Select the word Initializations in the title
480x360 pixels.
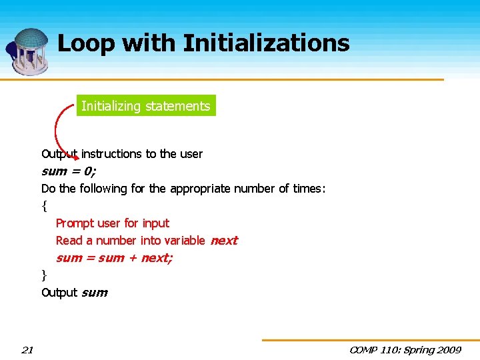[266, 43]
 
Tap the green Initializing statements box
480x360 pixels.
[146, 106]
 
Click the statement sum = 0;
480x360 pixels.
[68, 171]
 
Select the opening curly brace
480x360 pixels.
[44, 206]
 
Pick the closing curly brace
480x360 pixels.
[44, 275]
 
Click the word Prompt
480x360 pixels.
[75, 223]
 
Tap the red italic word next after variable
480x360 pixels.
[224, 241]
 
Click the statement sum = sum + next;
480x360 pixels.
[114, 258]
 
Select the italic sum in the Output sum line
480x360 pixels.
[94, 293]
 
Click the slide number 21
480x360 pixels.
[27, 350]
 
